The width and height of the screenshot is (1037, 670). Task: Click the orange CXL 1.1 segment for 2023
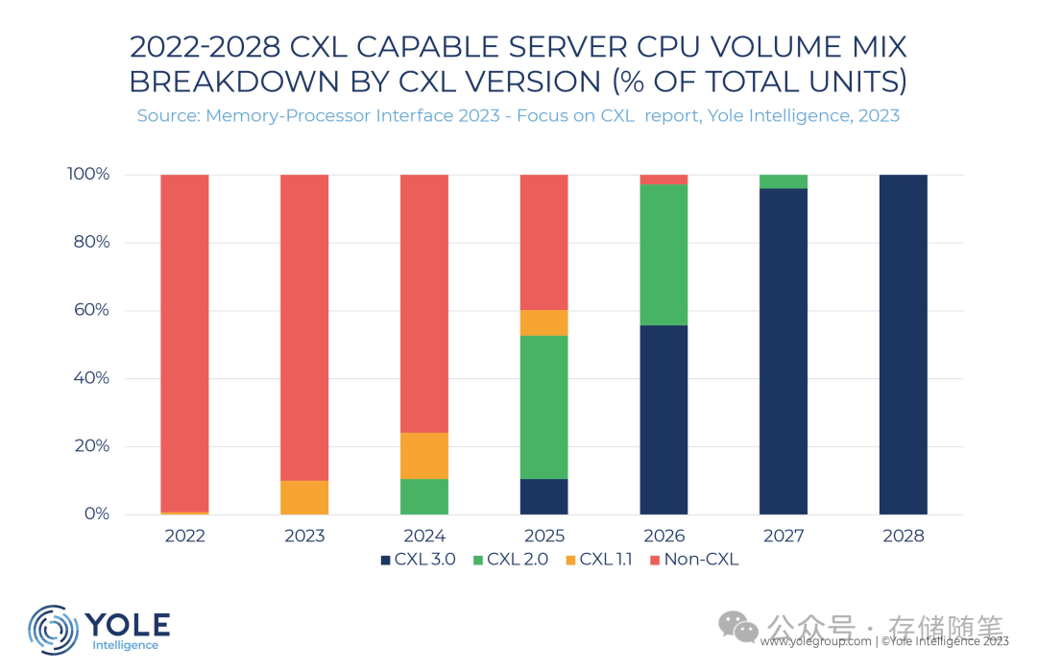(304, 497)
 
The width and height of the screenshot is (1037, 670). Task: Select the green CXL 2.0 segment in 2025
(543, 407)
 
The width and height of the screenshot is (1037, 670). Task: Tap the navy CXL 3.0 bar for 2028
(903, 345)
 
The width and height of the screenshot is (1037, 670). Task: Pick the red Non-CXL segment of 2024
(423, 303)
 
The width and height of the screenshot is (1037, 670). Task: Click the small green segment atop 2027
(784, 181)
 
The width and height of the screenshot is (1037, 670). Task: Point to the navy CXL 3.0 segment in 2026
(663, 419)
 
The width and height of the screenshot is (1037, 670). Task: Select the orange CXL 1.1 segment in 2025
(543, 323)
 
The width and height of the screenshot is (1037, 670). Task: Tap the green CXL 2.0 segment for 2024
(423, 496)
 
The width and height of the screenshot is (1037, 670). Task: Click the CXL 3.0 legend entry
(423, 560)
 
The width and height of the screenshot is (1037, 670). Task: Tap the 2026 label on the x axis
(663, 536)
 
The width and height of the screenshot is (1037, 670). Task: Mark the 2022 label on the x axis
(184, 536)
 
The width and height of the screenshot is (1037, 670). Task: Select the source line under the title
(518, 116)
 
